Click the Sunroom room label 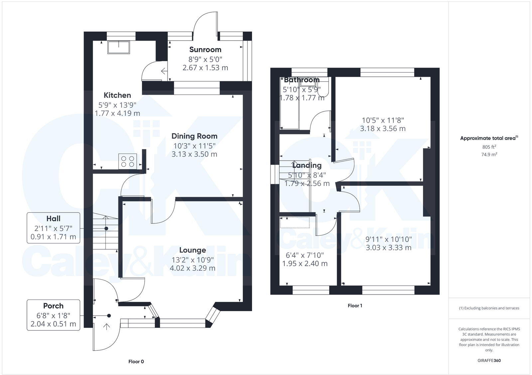pyautogui.click(x=205, y=50)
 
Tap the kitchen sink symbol pyautogui.click(x=119, y=47)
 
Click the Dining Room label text pyautogui.click(x=194, y=136)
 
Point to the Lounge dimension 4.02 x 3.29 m pyautogui.click(x=193, y=268)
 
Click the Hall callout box pyautogui.click(x=53, y=228)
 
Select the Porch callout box pyautogui.click(x=53, y=315)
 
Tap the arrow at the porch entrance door pyautogui.click(x=106, y=326)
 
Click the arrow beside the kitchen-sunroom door pyautogui.click(x=164, y=71)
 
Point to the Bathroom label pyautogui.click(x=301, y=80)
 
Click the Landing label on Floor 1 pyautogui.click(x=307, y=166)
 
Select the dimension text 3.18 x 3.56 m pyautogui.click(x=383, y=129)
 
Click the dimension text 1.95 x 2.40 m pyautogui.click(x=305, y=264)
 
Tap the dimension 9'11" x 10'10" pyautogui.click(x=388, y=239)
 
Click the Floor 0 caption pyautogui.click(x=136, y=361)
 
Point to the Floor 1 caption pyautogui.click(x=355, y=306)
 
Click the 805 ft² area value pyautogui.click(x=489, y=147)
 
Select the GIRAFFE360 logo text pyautogui.click(x=489, y=360)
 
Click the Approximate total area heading pyautogui.click(x=489, y=138)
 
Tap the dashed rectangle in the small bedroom pyautogui.click(x=295, y=223)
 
